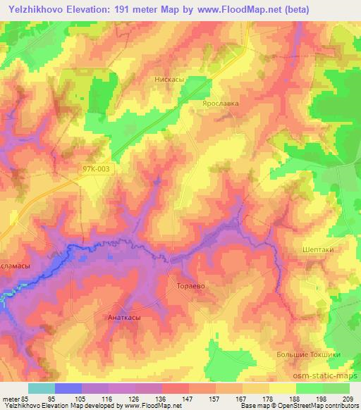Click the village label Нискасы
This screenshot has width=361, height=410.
(x=169, y=80)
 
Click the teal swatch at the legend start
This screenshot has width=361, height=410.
(x=42, y=388)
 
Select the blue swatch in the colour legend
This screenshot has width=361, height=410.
(x=68, y=388)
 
